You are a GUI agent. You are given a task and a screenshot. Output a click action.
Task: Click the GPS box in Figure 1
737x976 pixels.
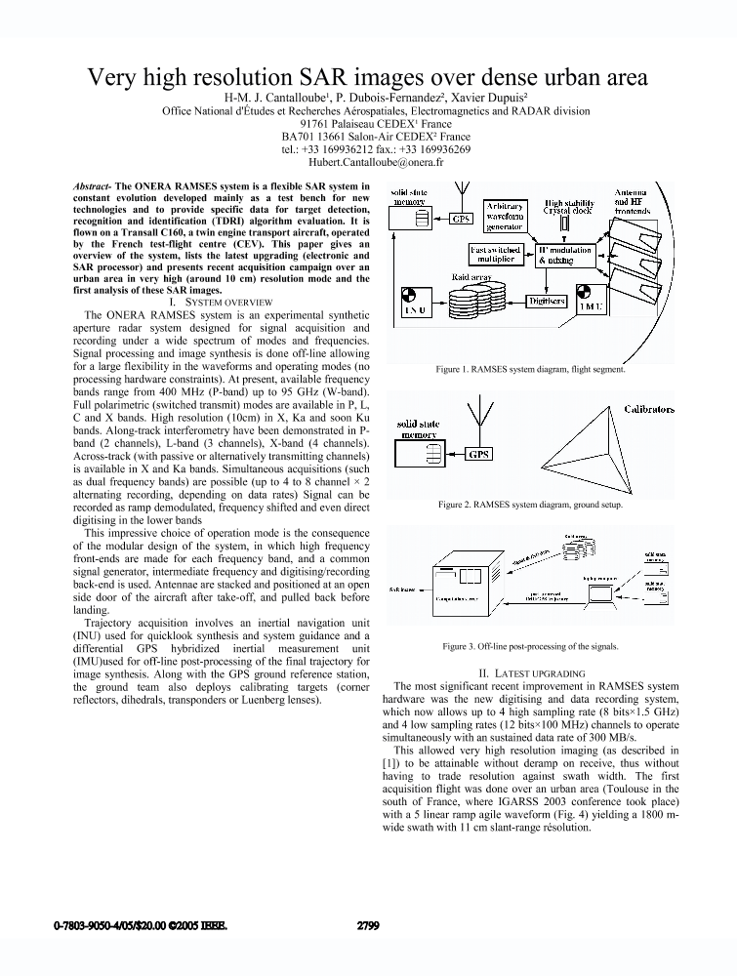[x=460, y=219]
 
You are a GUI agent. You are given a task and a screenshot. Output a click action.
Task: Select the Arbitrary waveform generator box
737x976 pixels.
[x=505, y=216]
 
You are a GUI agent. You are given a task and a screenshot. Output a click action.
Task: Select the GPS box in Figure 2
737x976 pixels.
[x=479, y=455]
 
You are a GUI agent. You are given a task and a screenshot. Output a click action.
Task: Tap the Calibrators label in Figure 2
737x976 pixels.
[x=648, y=410]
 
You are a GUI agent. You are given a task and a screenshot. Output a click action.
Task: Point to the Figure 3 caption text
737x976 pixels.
[x=530, y=646]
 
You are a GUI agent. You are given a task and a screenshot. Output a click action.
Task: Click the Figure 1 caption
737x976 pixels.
[x=530, y=370]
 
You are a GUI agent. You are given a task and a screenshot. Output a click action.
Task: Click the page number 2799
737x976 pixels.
[x=368, y=925]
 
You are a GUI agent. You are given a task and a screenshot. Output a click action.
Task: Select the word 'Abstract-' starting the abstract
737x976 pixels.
[x=94, y=185]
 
